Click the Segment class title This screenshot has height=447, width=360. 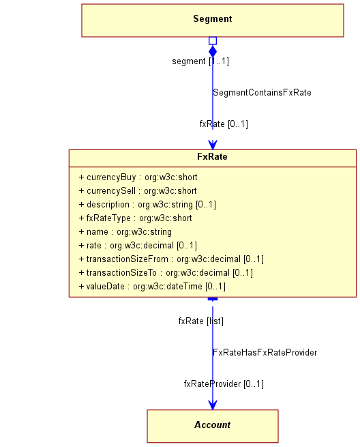pyautogui.click(x=213, y=19)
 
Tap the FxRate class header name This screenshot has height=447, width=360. pyautogui.click(x=212, y=156)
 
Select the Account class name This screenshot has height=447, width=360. pyautogui.click(x=212, y=424)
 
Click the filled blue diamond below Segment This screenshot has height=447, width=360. pyautogui.click(x=213, y=51)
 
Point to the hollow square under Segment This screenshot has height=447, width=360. pyautogui.click(x=213, y=41)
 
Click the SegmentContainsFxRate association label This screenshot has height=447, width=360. pyautogui.click(x=262, y=93)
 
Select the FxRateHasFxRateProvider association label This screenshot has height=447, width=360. pyautogui.click(x=265, y=353)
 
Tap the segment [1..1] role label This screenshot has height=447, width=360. pyautogui.click(x=200, y=61)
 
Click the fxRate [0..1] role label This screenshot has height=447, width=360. pyautogui.click(x=224, y=124)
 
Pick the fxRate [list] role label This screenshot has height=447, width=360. pyautogui.click(x=201, y=321)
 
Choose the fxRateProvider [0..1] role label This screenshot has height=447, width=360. pyautogui.click(x=224, y=384)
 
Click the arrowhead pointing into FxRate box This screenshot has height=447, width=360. pyautogui.click(x=213, y=145)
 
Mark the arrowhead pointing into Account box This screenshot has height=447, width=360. pyautogui.click(x=213, y=405)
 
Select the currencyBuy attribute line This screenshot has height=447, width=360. pyautogui.click(x=138, y=177)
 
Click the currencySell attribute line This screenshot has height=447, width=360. pyautogui.click(x=138, y=191)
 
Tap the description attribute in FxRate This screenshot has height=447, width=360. pyautogui.click(x=147, y=205)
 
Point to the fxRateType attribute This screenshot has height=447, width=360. pyautogui.click(x=135, y=218)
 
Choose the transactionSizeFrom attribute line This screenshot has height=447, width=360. pyautogui.click(x=171, y=259)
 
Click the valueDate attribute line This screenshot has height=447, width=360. pyautogui.click(x=152, y=287)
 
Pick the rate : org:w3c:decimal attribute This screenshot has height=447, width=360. pyautogui.click(x=138, y=246)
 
